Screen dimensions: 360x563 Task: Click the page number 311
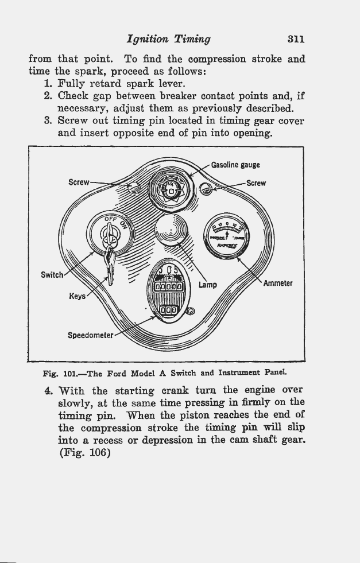(x=296, y=39)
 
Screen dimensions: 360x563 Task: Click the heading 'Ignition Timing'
(x=168, y=40)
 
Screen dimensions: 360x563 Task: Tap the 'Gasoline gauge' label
(x=235, y=165)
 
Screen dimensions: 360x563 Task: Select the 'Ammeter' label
(x=278, y=283)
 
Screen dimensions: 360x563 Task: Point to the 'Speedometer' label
(x=91, y=335)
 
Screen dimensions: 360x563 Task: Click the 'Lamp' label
(x=208, y=285)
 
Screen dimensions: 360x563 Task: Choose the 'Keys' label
(x=78, y=296)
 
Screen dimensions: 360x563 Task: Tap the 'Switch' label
(x=52, y=275)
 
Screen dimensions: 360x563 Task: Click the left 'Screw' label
(x=79, y=182)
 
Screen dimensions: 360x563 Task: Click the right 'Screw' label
(x=256, y=183)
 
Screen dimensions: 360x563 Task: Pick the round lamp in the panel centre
(x=171, y=230)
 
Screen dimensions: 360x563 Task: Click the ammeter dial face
(x=226, y=236)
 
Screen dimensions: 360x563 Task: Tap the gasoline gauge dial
(x=171, y=189)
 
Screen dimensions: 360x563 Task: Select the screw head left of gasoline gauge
(x=134, y=187)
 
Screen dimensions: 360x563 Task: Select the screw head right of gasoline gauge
(x=206, y=188)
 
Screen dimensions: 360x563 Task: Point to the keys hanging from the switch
(x=110, y=264)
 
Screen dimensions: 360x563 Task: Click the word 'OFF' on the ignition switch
(x=110, y=219)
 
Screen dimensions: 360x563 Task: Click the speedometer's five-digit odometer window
(x=168, y=286)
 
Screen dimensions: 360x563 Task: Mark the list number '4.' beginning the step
(x=48, y=390)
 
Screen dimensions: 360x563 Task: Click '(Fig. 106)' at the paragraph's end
(x=85, y=452)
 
